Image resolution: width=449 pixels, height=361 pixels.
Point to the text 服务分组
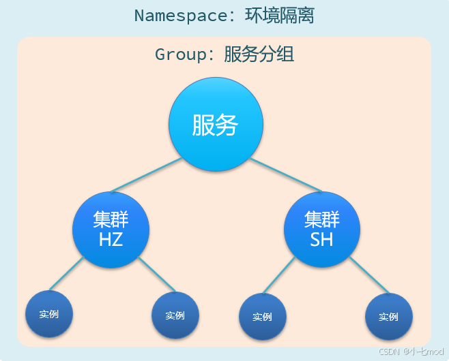[x=259, y=54]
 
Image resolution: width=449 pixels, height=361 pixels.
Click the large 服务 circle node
[x=216, y=124]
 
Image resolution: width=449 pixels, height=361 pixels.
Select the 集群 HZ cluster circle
[x=111, y=230]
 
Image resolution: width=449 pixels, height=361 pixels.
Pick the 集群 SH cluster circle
[x=322, y=230]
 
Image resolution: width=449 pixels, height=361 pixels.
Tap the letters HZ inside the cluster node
[x=111, y=240]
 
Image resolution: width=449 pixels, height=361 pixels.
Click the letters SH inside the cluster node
[x=322, y=240]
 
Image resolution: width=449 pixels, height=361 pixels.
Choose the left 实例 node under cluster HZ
[x=49, y=314]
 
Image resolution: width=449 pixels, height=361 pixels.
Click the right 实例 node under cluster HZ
[x=175, y=315]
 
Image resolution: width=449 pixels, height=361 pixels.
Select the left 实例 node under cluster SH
[x=263, y=317]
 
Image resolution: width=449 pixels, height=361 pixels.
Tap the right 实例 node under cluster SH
[x=389, y=317]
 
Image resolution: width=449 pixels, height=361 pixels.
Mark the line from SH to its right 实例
[x=371, y=276]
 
